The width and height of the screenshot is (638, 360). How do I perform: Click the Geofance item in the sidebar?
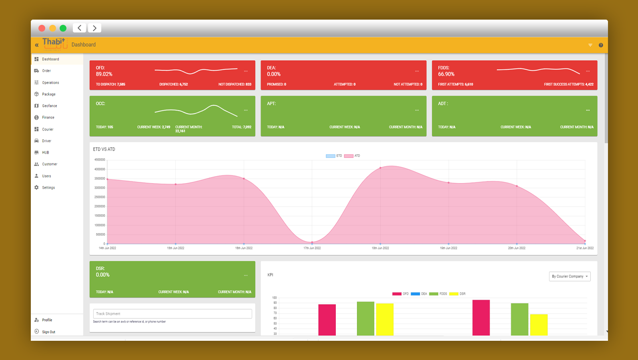click(x=49, y=106)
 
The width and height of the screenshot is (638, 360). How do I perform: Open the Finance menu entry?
click(x=48, y=117)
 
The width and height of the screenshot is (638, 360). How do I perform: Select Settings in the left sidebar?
click(x=48, y=187)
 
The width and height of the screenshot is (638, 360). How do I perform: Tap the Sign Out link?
click(x=48, y=332)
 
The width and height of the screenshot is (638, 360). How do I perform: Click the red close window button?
click(x=42, y=28)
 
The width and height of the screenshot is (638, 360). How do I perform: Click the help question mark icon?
click(x=601, y=45)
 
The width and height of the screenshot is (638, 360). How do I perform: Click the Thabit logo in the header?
click(x=54, y=44)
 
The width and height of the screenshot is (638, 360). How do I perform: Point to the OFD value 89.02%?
click(x=104, y=74)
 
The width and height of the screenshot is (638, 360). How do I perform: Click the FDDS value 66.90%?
click(x=446, y=74)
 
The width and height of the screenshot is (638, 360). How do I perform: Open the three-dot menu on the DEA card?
click(x=417, y=71)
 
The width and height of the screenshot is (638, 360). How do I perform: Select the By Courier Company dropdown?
click(x=570, y=276)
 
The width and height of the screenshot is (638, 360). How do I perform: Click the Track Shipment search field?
click(x=173, y=314)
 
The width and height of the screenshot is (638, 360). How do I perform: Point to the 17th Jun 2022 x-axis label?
click(x=312, y=248)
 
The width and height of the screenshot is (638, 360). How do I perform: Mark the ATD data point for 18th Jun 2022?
click(x=380, y=168)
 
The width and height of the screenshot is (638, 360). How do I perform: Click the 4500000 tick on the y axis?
click(x=100, y=160)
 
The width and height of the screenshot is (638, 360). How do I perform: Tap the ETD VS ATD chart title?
click(x=104, y=149)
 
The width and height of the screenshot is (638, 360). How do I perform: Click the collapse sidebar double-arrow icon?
click(x=37, y=45)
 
